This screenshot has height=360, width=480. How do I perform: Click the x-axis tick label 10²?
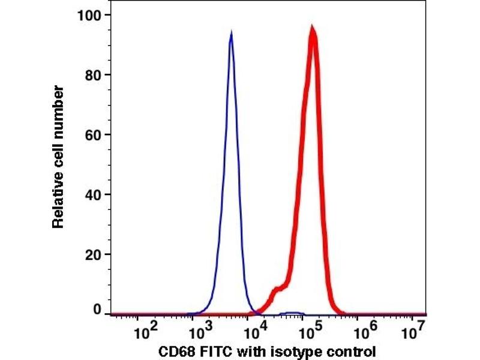(x=143, y=331)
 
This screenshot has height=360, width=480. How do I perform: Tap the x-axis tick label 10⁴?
(x=254, y=331)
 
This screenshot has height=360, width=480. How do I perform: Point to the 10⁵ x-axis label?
(x=310, y=331)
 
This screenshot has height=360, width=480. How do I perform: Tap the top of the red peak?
(x=312, y=29)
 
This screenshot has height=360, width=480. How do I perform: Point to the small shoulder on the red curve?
(x=276, y=291)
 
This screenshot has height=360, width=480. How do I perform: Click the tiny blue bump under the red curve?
(x=293, y=313)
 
